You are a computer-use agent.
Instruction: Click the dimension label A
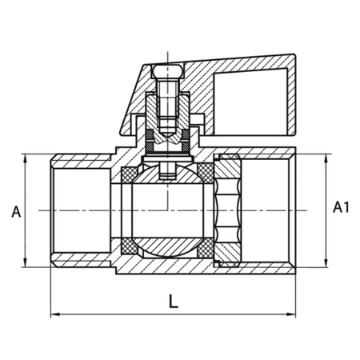click(x=16, y=212)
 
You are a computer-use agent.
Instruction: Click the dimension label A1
click(x=341, y=207)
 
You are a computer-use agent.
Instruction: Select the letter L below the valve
click(x=174, y=302)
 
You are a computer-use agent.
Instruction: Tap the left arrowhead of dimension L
click(x=54, y=314)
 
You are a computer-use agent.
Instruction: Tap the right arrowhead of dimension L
click(x=291, y=314)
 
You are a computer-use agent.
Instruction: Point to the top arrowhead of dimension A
click(x=26, y=158)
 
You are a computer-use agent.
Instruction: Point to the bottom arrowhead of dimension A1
click(x=326, y=262)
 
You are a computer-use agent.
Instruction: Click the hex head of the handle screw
click(x=168, y=71)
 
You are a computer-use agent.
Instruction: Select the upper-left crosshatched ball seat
click(x=130, y=175)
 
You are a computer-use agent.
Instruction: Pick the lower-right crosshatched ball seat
click(x=206, y=248)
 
